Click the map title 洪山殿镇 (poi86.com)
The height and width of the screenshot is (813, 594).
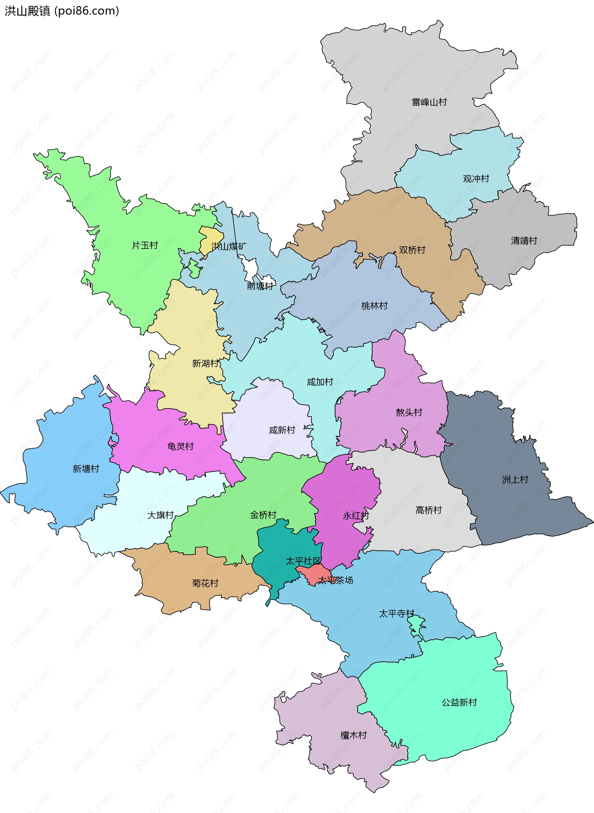tap(62, 11)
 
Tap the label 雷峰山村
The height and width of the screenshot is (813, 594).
tap(429, 102)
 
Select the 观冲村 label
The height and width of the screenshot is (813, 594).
tap(476, 179)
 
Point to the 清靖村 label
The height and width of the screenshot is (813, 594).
tap(524, 241)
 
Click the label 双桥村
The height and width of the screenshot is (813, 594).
tap(412, 250)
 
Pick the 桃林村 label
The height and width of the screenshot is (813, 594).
tap(374, 306)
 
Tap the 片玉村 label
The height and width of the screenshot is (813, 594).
tap(145, 245)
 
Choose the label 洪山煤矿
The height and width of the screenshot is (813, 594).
tap(229, 246)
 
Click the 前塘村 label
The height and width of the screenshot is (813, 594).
tap(260, 286)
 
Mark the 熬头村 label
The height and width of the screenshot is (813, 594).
tap(409, 412)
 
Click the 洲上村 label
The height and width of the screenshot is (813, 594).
tap(515, 480)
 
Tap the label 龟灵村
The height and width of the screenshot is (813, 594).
tap(180, 447)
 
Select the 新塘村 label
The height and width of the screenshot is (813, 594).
tap(86, 469)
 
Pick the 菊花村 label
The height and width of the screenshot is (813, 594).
tap(205, 583)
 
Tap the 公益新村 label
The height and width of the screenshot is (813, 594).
tap(459, 702)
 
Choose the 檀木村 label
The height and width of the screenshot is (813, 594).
tap(353, 735)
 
